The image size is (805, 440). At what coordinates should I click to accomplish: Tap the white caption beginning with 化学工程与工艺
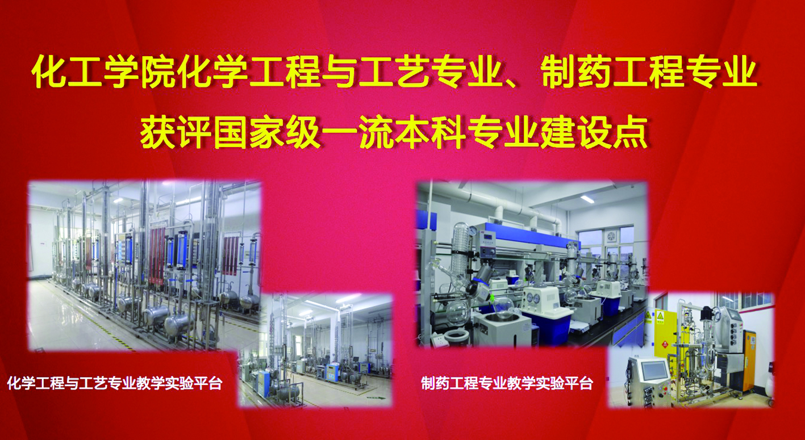click(115, 383)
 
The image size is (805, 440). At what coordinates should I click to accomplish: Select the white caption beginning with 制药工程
click(507, 383)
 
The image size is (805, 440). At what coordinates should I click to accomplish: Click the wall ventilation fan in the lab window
click(611, 237)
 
